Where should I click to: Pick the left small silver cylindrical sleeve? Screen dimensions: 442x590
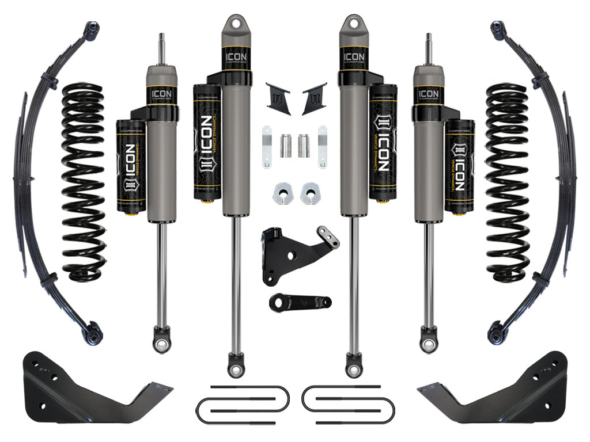tap(285, 146)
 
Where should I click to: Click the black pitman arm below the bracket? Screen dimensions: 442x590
tap(298, 302)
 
